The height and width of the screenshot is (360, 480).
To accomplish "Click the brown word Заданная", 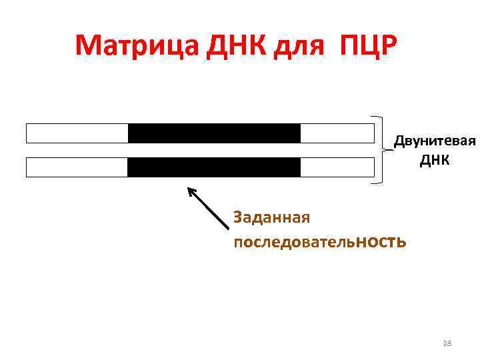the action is point(271,217).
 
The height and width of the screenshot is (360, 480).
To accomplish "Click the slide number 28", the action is point(447,343).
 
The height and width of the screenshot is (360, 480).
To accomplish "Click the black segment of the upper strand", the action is point(214,133).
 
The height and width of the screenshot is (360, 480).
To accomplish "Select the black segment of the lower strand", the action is point(214,167).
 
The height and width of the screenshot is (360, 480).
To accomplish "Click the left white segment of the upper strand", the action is point(77,133).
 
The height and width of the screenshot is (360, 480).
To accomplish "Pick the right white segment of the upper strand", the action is point(337,133).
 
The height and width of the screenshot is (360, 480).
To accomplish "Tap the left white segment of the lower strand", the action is point(77,167).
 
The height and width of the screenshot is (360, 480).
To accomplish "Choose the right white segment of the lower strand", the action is point(337,167).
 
